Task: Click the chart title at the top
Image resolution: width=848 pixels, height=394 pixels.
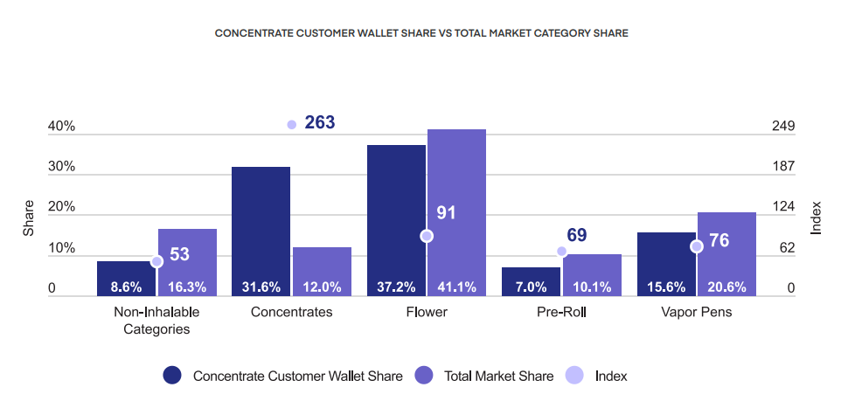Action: click(x=421, y=33)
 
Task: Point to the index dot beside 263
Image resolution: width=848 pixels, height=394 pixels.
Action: click(x=292, y=124)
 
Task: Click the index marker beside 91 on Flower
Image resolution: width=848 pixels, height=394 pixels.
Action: click(x=427, y=236)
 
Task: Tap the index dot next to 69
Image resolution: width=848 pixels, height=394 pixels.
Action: click(x=562, y=252)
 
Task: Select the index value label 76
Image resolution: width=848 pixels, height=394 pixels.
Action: click(x=719, y=240)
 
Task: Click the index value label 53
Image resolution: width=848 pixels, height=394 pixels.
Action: click(x=179, y=254)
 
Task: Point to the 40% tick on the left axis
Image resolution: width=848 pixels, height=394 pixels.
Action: click(x=61, y=127)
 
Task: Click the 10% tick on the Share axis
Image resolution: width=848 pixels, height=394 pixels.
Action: click(x=61, y=248)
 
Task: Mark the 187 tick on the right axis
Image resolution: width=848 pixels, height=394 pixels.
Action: click(x=783, y=167)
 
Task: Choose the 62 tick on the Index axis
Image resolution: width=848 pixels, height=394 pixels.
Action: click(x=787, y=248)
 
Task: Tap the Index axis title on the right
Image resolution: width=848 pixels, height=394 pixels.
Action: click(x=816, y=218)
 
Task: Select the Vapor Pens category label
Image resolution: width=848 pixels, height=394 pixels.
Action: click(x=697, y=312)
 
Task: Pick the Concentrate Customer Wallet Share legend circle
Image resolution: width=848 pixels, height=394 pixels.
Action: click(x=172, y=376)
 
